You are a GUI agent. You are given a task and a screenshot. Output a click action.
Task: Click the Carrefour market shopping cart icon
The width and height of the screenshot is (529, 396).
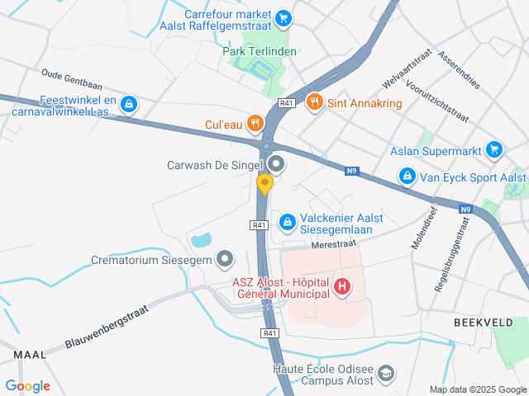click(284, 17)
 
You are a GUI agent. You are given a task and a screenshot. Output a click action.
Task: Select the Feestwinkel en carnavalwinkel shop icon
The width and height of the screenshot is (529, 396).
click(128, 105)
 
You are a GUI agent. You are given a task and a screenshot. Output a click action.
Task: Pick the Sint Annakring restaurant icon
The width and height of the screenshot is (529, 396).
click(313, 103)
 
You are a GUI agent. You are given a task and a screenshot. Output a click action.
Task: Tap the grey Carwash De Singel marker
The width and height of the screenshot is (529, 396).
click(276, 165)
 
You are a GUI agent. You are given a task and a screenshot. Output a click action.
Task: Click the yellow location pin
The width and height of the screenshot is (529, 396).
click(264, 184)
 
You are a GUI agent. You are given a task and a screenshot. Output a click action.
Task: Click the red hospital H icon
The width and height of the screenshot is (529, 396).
click(341, 288)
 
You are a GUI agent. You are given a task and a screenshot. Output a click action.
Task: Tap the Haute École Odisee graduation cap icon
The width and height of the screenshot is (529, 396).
click(385, 375)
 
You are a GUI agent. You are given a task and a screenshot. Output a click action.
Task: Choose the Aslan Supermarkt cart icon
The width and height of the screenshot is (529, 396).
click(494, 149)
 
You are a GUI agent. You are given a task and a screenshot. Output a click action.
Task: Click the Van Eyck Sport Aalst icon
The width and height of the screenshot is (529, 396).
click(407, 177)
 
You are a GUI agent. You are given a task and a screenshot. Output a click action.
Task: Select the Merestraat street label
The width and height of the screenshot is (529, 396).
click(333, 245)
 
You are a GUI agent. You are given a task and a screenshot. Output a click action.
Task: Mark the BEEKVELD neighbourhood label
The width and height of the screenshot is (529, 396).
click(484, 322)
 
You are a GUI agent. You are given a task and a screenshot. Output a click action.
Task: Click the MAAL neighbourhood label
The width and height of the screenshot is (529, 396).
click(30, 354)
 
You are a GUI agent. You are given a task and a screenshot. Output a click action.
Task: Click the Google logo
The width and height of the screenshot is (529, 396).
click(27, 385)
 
